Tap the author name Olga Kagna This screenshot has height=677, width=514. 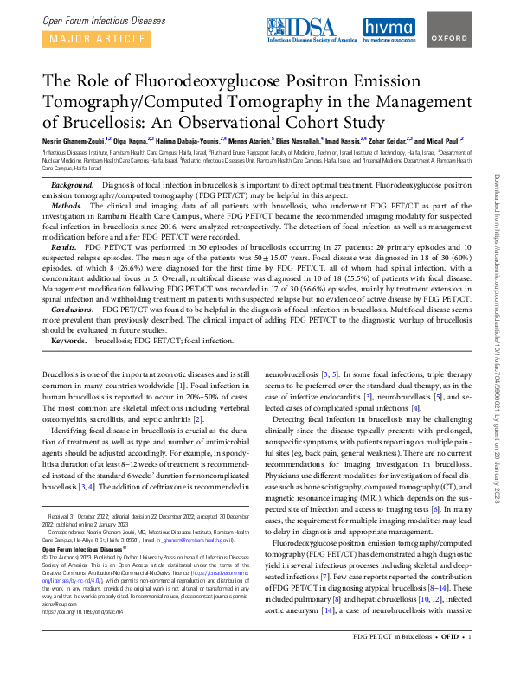(x=132, y=138)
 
